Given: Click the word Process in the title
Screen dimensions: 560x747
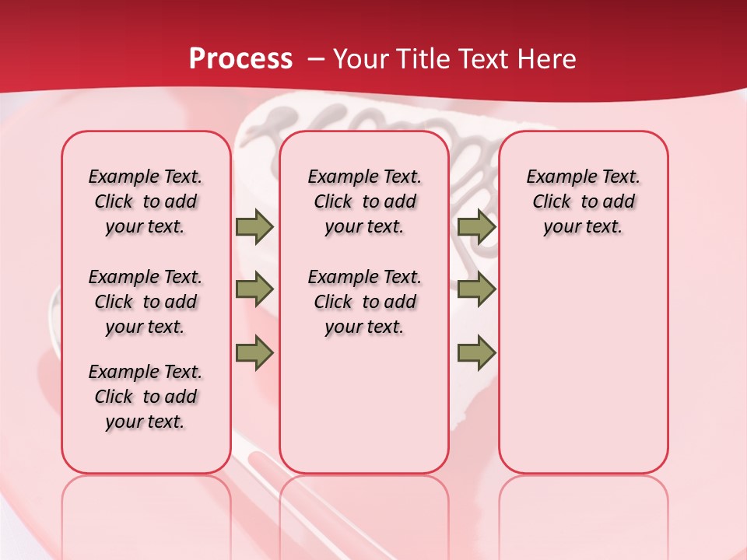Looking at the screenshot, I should click(x=240, y=59).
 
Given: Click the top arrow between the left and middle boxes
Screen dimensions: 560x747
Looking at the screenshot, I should click(x=254, y=226).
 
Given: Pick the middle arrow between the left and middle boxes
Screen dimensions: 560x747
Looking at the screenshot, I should click(x=254, y=289).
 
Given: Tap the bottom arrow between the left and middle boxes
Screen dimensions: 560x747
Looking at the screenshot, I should click(x=254, y=353).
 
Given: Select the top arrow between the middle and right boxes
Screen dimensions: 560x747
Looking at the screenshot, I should click(x=476, y=226).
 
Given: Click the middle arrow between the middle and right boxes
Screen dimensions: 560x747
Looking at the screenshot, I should click(x=476, y=289).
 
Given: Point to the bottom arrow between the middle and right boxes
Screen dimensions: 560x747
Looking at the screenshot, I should click(x=476, y=353).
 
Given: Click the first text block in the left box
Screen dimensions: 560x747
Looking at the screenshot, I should click(x=146, y=201).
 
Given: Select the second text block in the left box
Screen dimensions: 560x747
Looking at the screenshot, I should click(x=146, y=302).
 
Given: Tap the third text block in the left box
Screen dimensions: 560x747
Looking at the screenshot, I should click(x=146, y=397).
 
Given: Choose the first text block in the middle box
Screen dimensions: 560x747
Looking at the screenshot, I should click(x=364, y=201).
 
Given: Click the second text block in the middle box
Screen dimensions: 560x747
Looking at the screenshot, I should click(x=364, y=302).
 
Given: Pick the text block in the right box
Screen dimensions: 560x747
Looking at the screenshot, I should click(x=584, y=201).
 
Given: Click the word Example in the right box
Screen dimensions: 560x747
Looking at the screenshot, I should click(x=556, y=177).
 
